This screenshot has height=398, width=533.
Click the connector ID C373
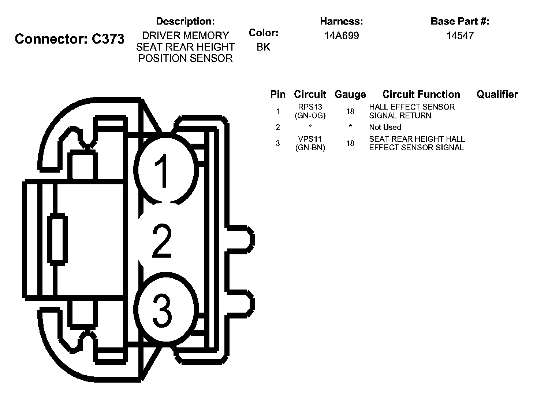pos(108,39)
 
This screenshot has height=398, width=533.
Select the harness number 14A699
pos(342,36)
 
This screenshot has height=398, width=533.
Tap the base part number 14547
pos(460,36)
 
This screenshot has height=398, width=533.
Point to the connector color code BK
pos(263,47)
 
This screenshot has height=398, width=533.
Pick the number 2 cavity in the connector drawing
pos(162,241)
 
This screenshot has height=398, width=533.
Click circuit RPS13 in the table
pos(310,107)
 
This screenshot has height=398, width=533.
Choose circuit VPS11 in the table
pos(310,139)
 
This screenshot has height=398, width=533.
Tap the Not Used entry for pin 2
pos(385,127)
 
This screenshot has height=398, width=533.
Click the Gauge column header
pos(350,95)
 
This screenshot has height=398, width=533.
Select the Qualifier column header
pos(497,95)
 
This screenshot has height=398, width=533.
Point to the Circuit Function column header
pos(421,95)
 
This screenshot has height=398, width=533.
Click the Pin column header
pos(277,95)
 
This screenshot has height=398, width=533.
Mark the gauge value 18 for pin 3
pos(350,143)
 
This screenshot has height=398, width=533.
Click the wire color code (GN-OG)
pos(310,115)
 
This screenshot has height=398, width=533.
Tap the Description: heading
pos(185,21)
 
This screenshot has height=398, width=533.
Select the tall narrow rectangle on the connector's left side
pos(57,240)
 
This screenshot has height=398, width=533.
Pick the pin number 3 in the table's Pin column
pos(277,143)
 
